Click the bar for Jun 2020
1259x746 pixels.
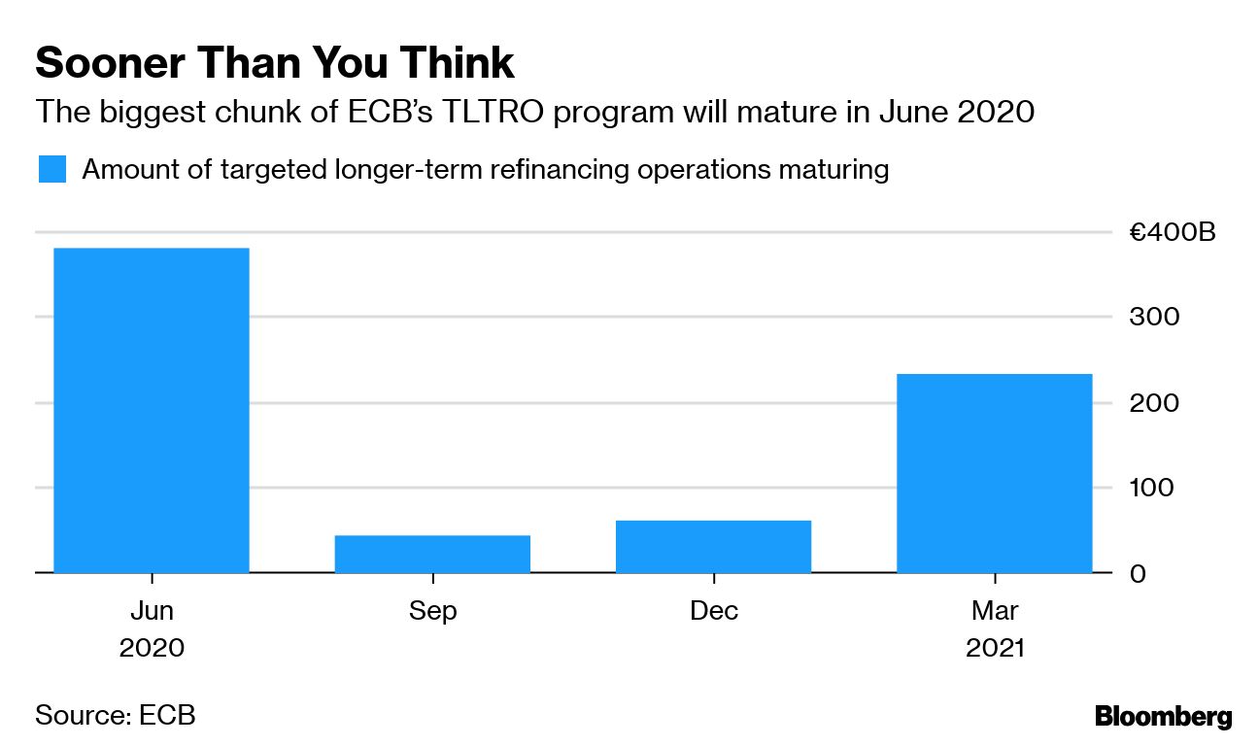(152, 410)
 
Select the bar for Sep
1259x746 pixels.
(432, 554)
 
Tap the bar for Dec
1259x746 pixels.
(713, 547)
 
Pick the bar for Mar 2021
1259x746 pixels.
(994, 473)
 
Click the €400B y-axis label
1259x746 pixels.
(1171, 233)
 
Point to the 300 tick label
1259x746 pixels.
(1153, 318)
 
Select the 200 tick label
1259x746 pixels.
(1153, 402)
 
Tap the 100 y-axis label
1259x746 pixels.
(1153, 488)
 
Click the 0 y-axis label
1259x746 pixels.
(1137, 573)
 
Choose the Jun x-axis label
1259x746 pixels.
(152, 611)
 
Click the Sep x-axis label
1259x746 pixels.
(432, 611)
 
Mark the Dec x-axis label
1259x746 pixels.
(714, 611)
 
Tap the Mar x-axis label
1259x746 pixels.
(995, 611)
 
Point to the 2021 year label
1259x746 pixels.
(995, 648)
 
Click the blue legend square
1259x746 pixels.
(52, 169)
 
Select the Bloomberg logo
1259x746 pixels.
(1163, 717)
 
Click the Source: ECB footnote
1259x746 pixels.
(116, 716)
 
